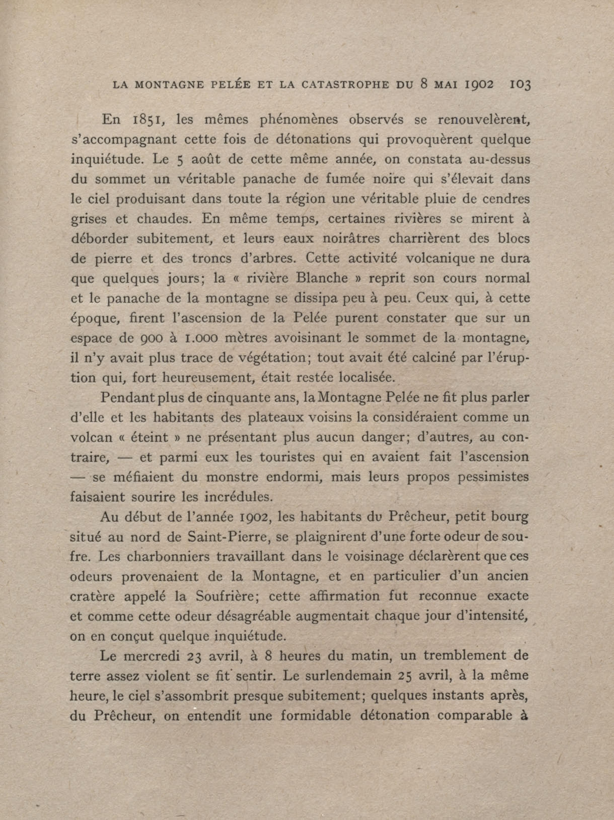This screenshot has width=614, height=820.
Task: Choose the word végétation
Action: (x=261, y=358)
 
